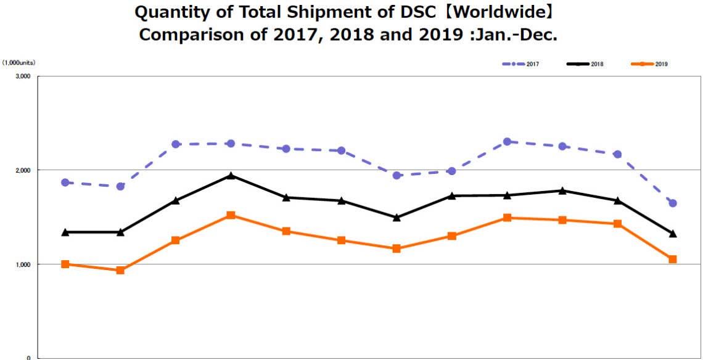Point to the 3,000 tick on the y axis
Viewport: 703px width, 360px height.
click(22, 76)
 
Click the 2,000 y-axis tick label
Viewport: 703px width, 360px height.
click(22, 170)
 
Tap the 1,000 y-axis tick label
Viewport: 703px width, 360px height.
click(22, 264)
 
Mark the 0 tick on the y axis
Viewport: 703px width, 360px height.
click(28, 358)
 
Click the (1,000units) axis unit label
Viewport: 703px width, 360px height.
click(18, 63)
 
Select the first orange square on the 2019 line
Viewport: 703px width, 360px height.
click(65, 264)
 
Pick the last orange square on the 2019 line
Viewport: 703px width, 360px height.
click(673, 260)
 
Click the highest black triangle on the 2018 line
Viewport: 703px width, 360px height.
click(231, 176)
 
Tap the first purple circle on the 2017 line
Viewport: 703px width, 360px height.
click(65, 182)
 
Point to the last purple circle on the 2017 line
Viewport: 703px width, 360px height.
click(673, 203)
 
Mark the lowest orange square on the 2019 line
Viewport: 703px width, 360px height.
click(120, 270)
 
